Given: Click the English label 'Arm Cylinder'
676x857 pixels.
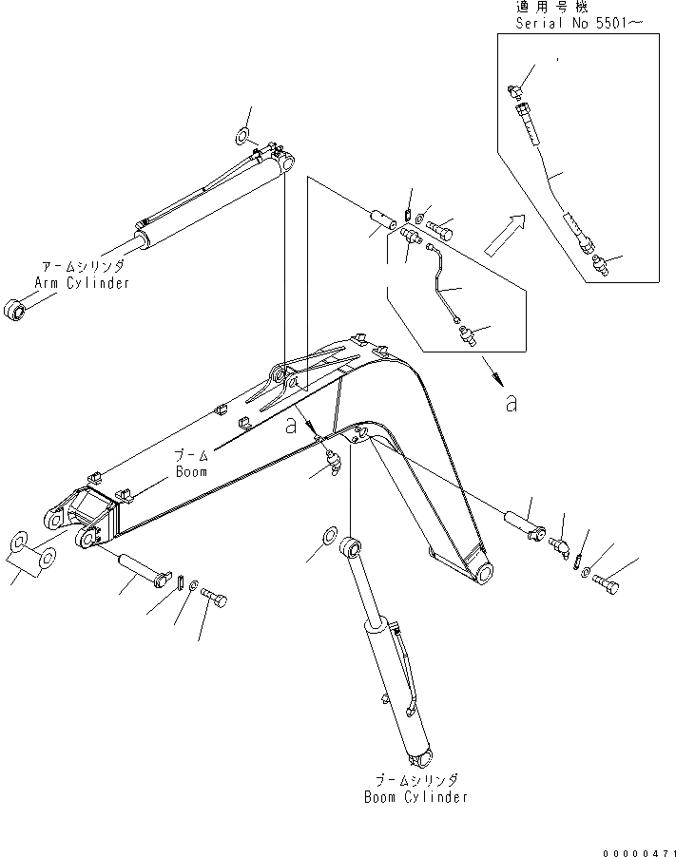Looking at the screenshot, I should click(x=82, y=282).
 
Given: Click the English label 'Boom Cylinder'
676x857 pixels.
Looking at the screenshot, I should click(x=416, y=796).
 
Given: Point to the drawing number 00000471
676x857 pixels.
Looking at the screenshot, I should click(x=636, y=848).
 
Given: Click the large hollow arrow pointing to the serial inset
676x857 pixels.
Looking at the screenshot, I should click(x=505, y=235).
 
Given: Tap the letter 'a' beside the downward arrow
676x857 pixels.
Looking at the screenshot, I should click(x=512, y=404).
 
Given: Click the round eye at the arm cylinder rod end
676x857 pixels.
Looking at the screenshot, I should click(x=17, y=310).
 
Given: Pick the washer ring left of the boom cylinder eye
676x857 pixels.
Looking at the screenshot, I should click(x=328, y=535).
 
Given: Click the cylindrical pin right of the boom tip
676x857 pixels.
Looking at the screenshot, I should click(x=524, y=523).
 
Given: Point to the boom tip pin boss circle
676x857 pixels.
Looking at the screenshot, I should click(x=484, y=571).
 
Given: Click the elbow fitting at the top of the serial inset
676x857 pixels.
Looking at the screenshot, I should click(x=514, y=89).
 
